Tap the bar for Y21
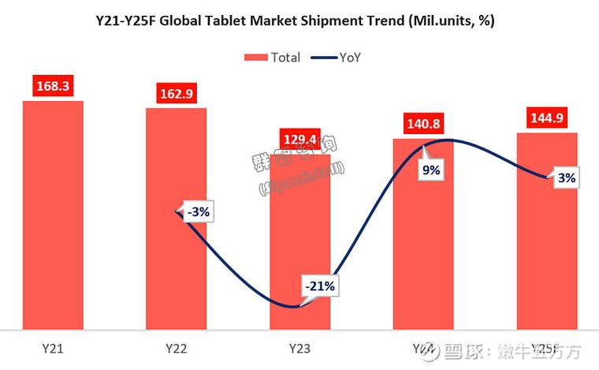point(53,213)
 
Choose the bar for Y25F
point(547,237)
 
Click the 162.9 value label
point(176,92)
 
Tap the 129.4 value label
point(299,140)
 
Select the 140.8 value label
point(423,123)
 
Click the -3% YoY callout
point(199,211)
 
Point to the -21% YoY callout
point(321,286)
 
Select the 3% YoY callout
point(566,178)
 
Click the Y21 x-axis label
point(53,348)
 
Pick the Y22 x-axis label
point(176,348)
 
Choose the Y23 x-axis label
point(299,348)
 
